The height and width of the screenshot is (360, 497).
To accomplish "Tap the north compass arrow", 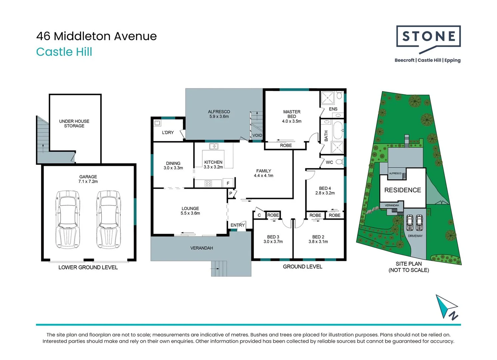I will pos(446,307).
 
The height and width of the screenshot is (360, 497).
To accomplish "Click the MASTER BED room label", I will pos(292,114).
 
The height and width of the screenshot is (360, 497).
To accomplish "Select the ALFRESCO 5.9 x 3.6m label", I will pos(219,114).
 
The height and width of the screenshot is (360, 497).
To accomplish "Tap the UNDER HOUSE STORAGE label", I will pos(74,124).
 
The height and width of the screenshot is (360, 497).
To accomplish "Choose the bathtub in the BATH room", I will pos(338,130).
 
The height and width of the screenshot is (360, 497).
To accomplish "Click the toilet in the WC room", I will pos(339,162).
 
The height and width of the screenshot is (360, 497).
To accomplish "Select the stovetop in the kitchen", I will pos(208,183).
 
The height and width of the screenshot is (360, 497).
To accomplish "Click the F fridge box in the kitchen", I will pos(228,183).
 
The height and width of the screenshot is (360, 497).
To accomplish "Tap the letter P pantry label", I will pos(231,193).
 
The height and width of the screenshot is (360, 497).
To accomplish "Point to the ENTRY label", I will pos(237,225).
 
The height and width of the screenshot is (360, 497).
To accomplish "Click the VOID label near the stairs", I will pos(257,135).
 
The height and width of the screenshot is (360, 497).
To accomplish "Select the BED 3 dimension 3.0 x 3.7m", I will pos(273,242).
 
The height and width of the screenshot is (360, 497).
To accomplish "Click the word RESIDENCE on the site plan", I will pos(402,190).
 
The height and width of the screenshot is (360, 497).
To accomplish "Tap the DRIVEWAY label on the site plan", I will pos(415,236).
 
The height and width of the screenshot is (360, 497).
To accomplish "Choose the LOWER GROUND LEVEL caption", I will pos(88,267).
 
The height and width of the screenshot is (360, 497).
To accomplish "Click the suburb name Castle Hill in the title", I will pos(64,52).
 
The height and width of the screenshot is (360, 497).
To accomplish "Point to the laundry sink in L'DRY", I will pos(157,123).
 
